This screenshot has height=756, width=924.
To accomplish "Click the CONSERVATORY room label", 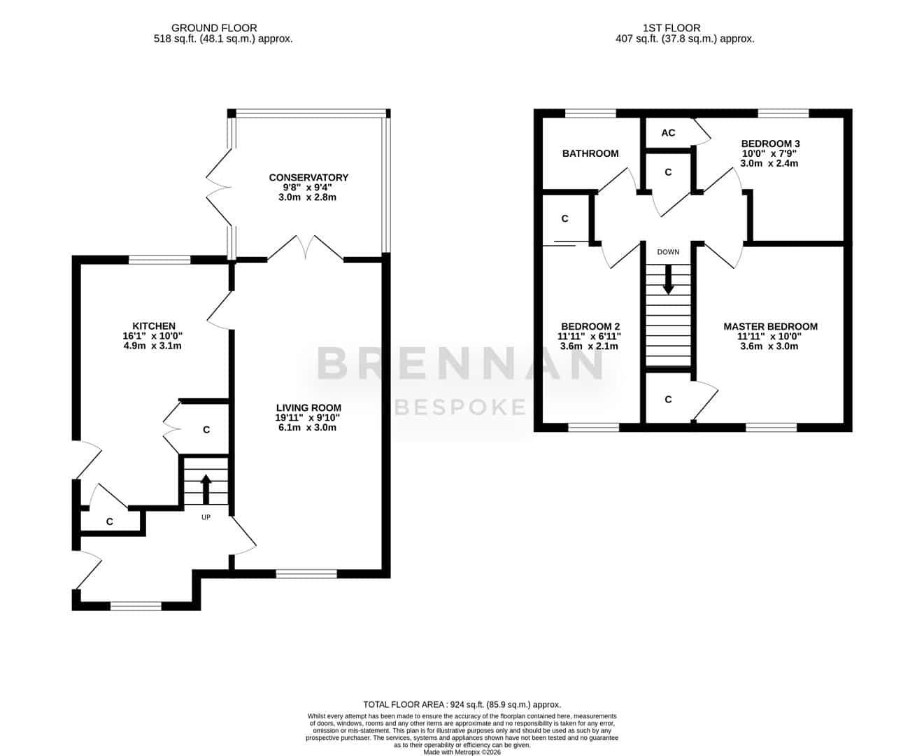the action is (x=308, y=178).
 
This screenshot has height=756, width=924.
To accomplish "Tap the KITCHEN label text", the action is (x=154, y=325).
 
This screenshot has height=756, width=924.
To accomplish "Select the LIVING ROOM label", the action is (x=308, y=407).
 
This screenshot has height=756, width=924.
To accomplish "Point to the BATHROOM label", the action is (x=590, y=153).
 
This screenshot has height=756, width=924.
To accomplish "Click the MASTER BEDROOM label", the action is (x=770, y=327).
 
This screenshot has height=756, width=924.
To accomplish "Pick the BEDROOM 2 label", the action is (x=590, y=327).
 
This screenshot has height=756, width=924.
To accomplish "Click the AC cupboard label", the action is (x=668, y=133).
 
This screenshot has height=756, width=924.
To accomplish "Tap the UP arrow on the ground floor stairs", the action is (x=206, y=489).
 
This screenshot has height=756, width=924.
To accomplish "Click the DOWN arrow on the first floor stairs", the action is (x=668, y=279).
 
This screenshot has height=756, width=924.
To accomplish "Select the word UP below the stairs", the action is (x=206, y=517).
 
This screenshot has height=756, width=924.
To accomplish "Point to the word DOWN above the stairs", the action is (x=668, y=252).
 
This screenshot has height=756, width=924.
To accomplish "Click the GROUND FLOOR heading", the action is (x=214, y=28).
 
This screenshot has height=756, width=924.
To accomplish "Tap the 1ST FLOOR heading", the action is (x=671, y=28).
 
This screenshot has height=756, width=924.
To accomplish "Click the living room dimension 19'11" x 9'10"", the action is (x=308, y=417).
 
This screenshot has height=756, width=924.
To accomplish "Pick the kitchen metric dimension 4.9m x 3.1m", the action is (x=152, y=346).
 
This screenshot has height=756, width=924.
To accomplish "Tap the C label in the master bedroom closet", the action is (x=668, y=400).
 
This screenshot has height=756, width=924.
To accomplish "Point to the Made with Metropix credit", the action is (x=462, y=752).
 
